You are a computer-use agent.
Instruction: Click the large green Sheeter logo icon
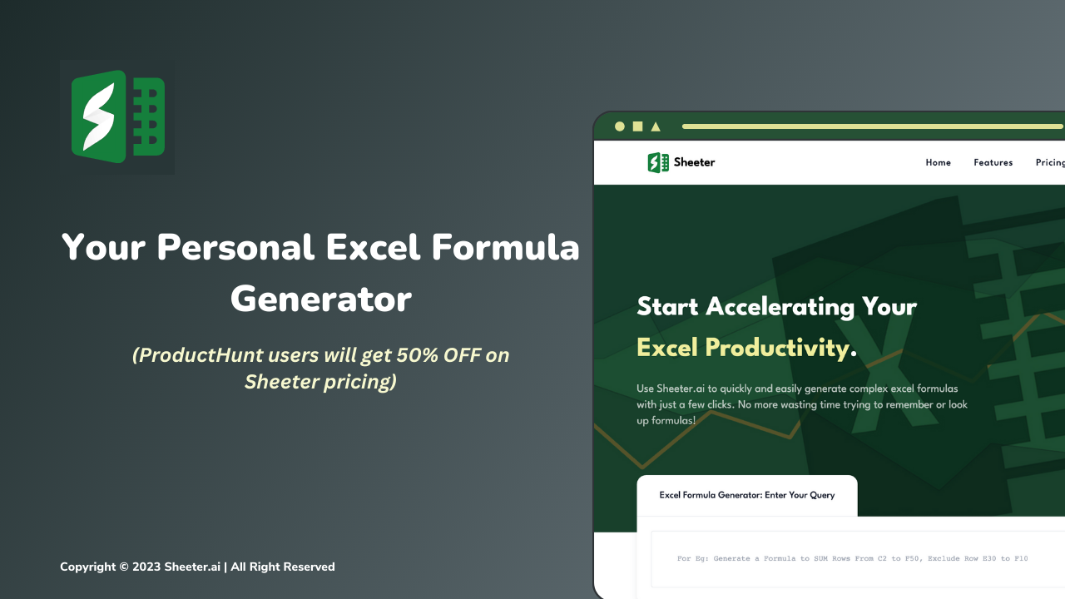117,116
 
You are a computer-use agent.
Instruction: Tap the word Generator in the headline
321,299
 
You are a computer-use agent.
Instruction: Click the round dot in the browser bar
619,126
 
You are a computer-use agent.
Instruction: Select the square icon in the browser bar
637,126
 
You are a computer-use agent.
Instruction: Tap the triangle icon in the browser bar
656,126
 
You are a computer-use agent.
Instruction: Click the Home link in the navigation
938,162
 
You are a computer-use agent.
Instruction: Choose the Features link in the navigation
993,162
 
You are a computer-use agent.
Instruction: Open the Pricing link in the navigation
1049,162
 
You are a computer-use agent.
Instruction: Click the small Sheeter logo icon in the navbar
658,162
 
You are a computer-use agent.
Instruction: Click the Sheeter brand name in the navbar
694,162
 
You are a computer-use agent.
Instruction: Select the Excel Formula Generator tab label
746,495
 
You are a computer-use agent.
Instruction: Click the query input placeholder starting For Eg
852,558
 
